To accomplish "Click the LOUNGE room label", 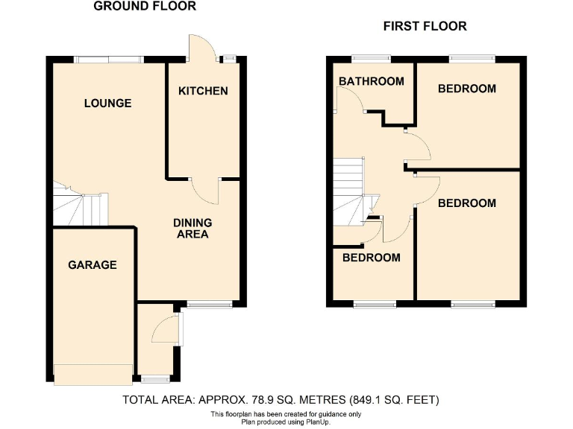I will coord(107,103).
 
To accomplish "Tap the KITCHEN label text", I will coord(202,91).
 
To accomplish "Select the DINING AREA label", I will coord(192,228).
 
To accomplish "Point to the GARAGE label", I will coord(93,264).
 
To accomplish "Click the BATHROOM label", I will coord(371,81).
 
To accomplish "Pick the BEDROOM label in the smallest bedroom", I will coord(371,258).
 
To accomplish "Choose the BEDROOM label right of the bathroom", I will coord(466,89).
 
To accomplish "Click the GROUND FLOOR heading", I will coord(145,7).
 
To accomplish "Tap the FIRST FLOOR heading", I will coord(425,26).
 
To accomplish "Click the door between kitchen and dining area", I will coord(204,191).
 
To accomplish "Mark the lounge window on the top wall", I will coord(110,59).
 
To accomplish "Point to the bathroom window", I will coord(371,59).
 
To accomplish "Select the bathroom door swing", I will coord(349,100).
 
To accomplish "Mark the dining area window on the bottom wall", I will coord(210,303).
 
